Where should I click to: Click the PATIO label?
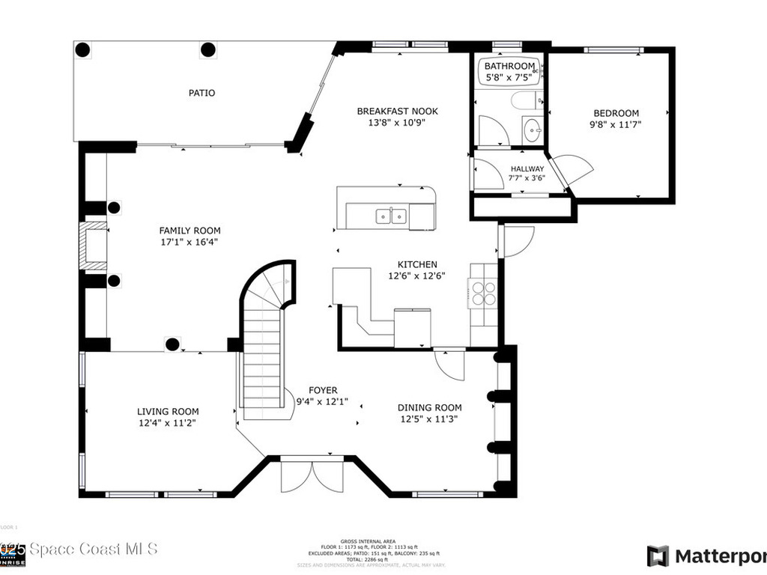pyautogui.click(x=201, y=93)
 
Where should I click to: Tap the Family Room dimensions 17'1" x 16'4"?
pyautogui.click(x=190, y=242)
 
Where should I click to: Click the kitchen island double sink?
pyautogui.click(x=390, y=216)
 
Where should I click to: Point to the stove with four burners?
pyautogui.click(x=482, y=292)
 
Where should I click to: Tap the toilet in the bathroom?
pyautogui.click(x=525, y=100)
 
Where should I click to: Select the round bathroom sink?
pyautogui.click(x=533, y=130)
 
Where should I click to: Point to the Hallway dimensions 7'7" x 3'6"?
pyautogui.click(x=527, y=178)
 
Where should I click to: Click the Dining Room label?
pyautogui.click(x=429, y=407)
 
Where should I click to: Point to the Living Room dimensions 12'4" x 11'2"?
pyautogui.click(x=168, y=422)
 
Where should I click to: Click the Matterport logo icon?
pyautogui.click(x=658, y=556)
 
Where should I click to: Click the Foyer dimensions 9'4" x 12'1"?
pyautogui.click(x=323, y=401)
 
